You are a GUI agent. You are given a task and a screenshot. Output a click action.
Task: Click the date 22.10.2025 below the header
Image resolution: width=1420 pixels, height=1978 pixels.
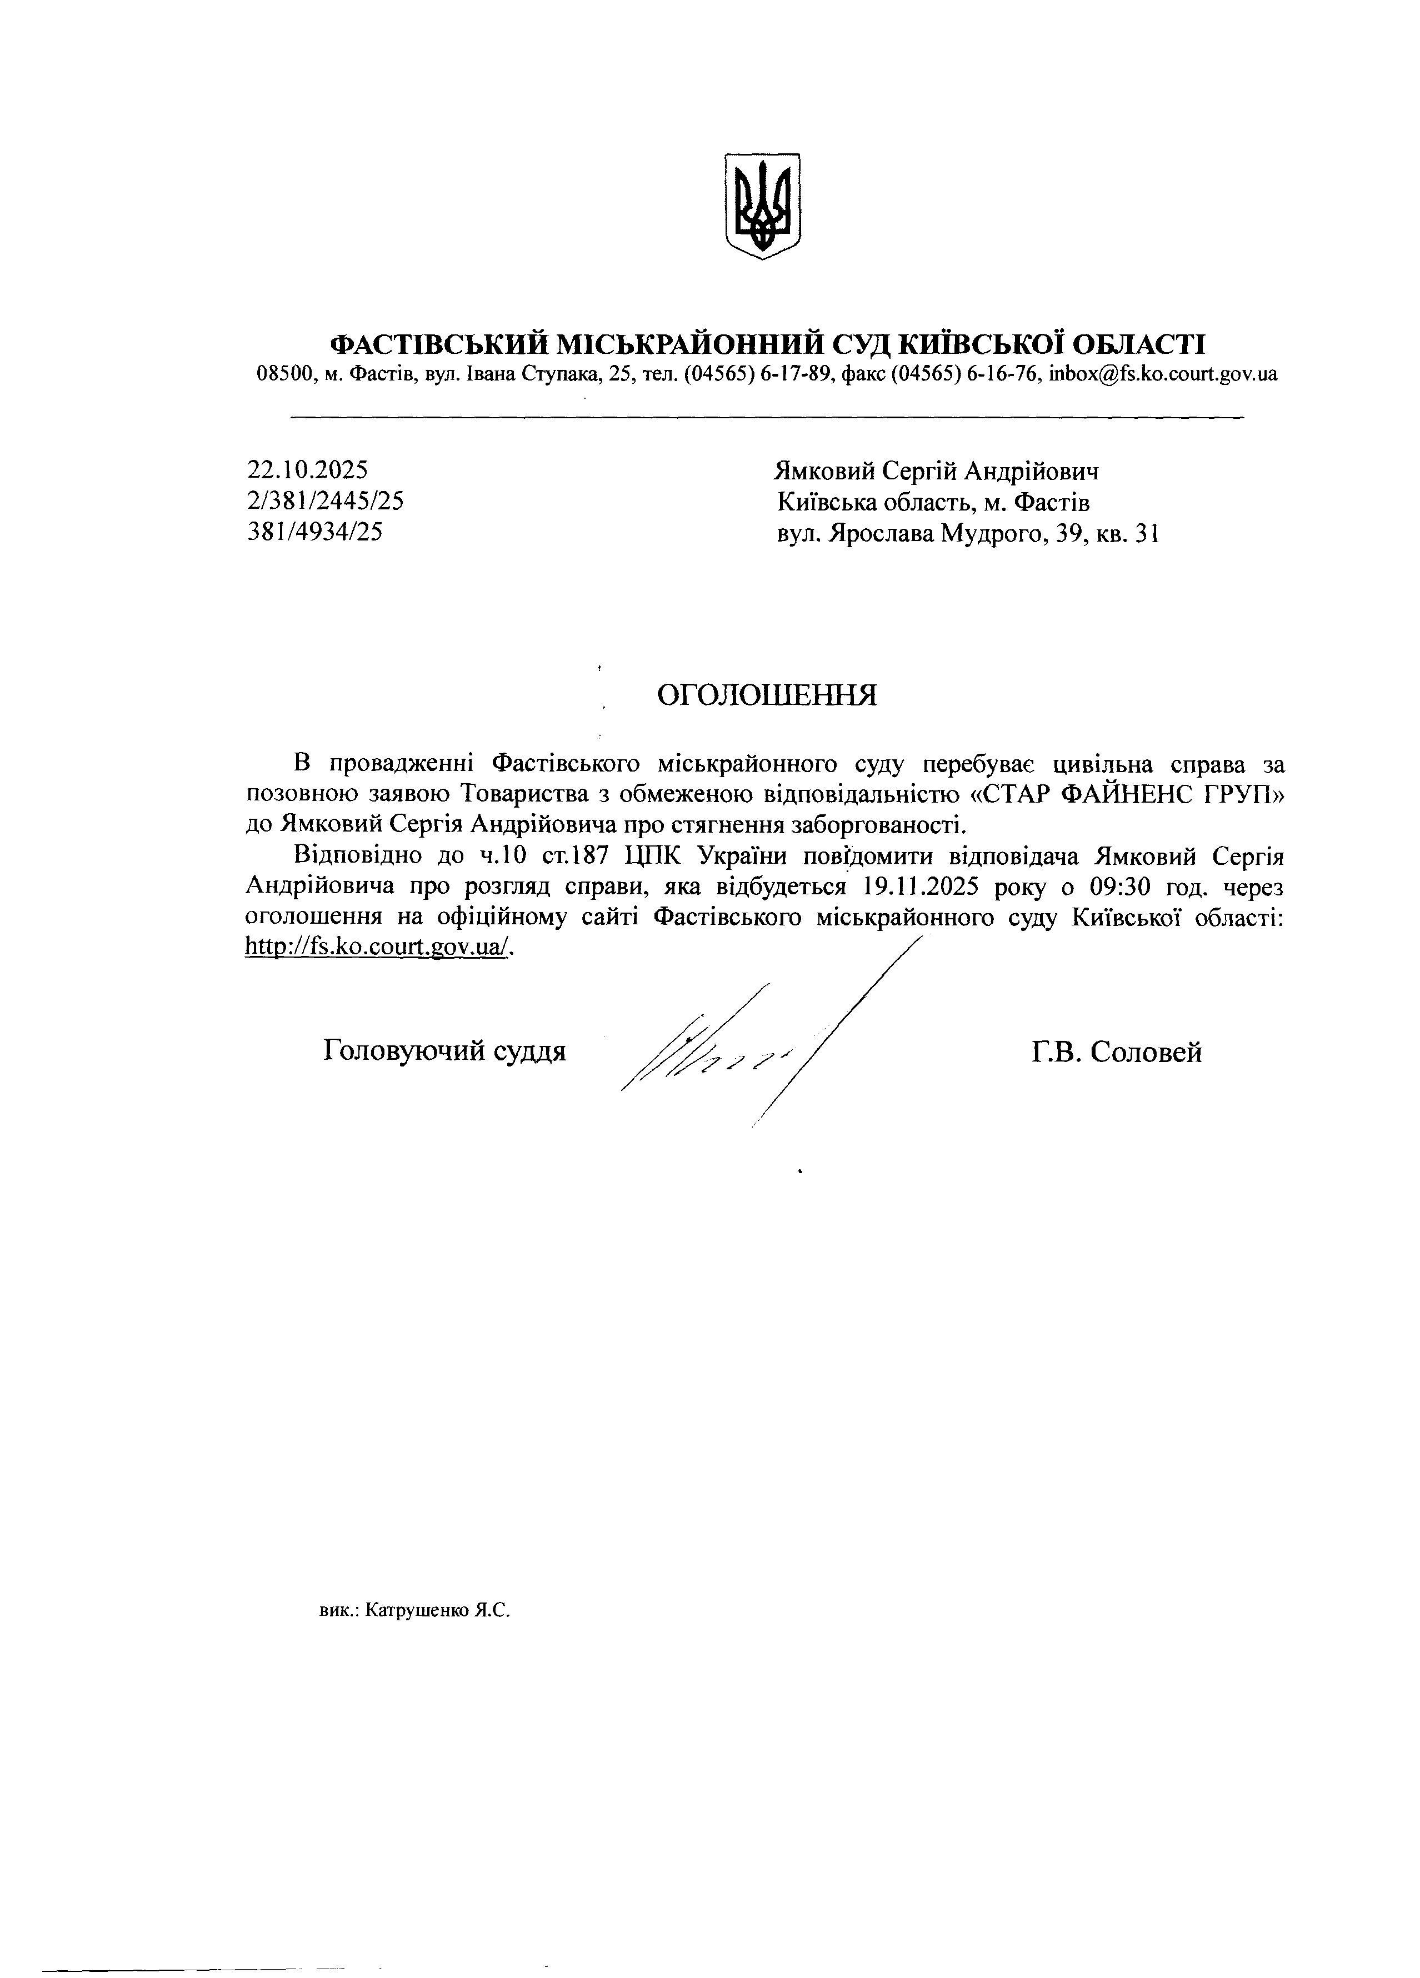click(x=307, y=470)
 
